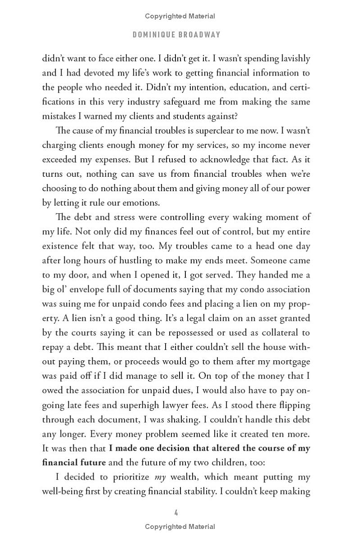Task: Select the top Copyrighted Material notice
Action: [180, 16]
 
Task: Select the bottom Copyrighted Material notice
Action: [180, 527]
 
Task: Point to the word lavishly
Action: [294, 58]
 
